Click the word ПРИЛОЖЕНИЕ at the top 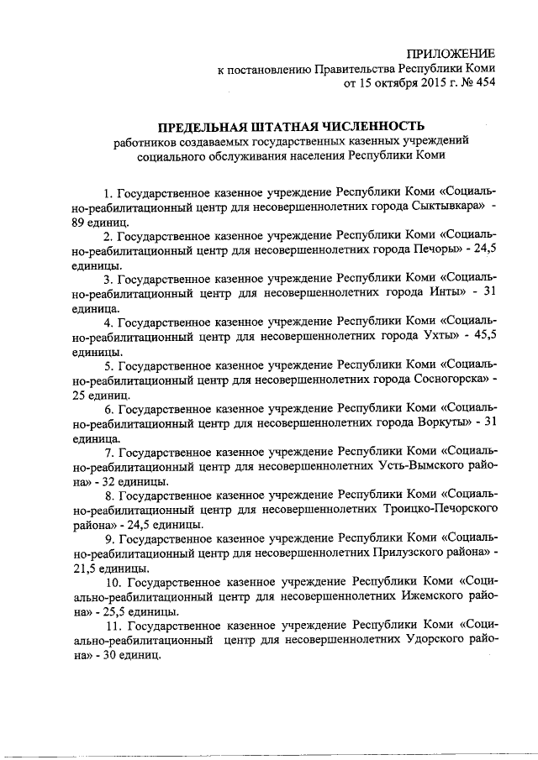click(x=451, y=53)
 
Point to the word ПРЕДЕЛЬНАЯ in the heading click(x=186, y=125)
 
